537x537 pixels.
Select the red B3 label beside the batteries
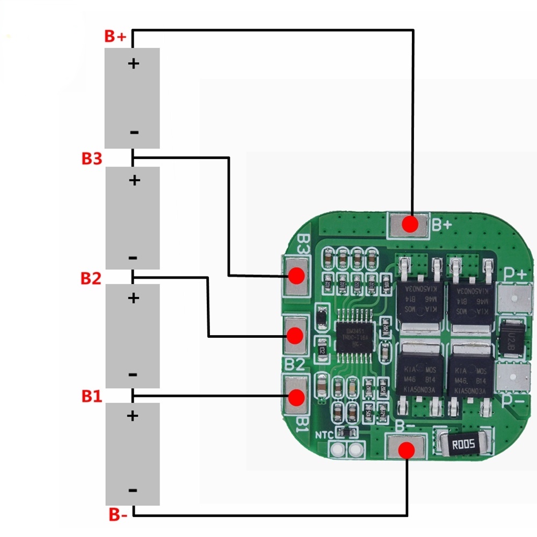click(x=91, y=159)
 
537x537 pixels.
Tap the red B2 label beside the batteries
click(x=91, y=279)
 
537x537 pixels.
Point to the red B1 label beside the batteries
click(x=91, y=396)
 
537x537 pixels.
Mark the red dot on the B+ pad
click(x=411, y=224)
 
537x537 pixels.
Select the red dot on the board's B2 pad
click(x=294, y=336)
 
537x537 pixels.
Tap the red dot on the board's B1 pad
click(x=295, y=397)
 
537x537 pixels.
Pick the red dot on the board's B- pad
click(x=407, y=450)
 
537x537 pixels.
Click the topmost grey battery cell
click(x=132, y=98)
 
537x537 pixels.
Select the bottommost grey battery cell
click(x=133, y=454)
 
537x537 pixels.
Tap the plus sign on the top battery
click(x=133, y=63)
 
